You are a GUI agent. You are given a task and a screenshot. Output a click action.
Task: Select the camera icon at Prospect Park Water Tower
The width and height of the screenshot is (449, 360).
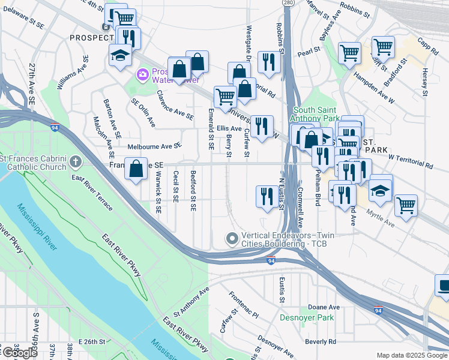pyautogui.click(x=143, y=74)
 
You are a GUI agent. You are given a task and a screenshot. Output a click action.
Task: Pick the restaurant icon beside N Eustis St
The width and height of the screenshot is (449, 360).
pyautogui.click(x=265, y=196)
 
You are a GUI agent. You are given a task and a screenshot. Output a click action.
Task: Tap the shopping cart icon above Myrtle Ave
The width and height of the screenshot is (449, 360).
pyautogui.click(x=406, y=205)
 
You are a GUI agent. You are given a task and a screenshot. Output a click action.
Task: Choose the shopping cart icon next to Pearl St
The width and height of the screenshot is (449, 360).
pyautogui.click(x=349, y=52)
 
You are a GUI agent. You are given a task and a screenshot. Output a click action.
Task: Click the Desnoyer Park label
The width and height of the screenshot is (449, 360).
pyautogui.click(x=301, y=317)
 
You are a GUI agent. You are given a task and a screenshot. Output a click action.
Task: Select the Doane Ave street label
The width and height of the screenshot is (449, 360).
pyautogui.click(x=326, y=307)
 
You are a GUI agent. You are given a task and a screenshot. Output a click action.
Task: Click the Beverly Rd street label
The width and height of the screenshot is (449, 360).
pyautogui.click(x=320, y=341)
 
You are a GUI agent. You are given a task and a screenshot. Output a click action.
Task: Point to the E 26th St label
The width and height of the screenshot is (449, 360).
pyautogui.click(x=91, y=341)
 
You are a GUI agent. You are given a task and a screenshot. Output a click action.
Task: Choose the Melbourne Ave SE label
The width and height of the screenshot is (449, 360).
pyautogui.click(x=154, y=146)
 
